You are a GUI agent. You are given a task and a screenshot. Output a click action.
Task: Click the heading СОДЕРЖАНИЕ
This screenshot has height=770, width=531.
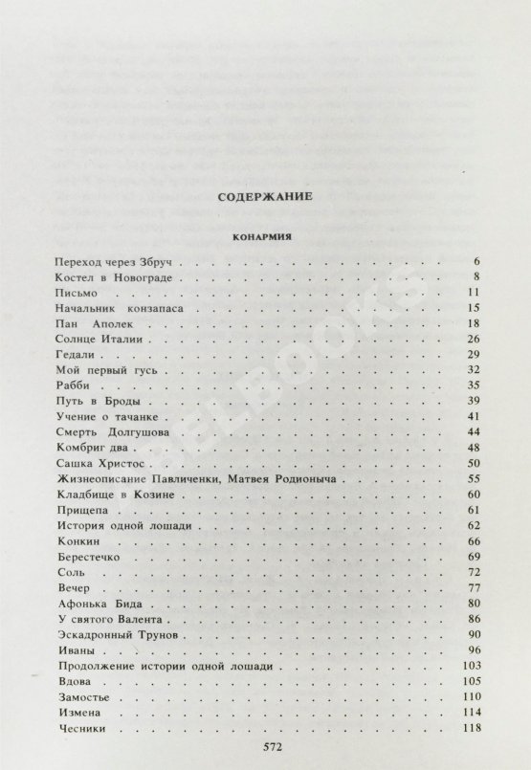click(x=266, y=198)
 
